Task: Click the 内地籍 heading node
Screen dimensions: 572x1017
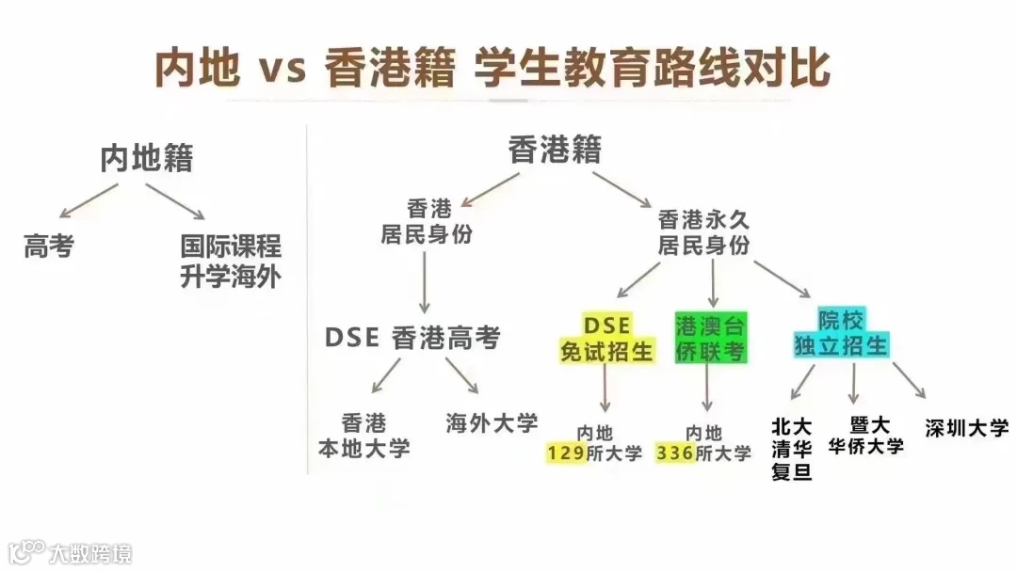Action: tap(146, 158)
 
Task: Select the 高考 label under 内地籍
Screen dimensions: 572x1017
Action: tap(49, 247)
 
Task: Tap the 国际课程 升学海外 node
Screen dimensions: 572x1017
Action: tap(231, 262)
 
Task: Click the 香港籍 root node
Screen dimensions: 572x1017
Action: tap(555, 150)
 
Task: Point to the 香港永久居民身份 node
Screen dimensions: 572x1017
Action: tap(703, 232)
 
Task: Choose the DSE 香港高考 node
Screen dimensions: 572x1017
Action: tap(413, 339)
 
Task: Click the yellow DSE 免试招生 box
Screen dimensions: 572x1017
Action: tap(606, 338)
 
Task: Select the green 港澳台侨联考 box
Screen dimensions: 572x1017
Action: tap(711, 338)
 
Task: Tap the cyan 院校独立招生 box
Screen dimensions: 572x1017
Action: tap(840, 332)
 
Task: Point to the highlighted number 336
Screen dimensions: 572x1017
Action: tap(675, 453)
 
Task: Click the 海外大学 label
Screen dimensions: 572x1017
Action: tap(492, 423)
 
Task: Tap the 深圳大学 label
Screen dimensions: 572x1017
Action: tap(966, 428)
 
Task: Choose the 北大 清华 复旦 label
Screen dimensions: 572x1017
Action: tap(791, 449)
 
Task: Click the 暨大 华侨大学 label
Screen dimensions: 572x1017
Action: tap(866, 436)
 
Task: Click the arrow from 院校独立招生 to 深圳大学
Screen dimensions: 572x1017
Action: tap(909, 379)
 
